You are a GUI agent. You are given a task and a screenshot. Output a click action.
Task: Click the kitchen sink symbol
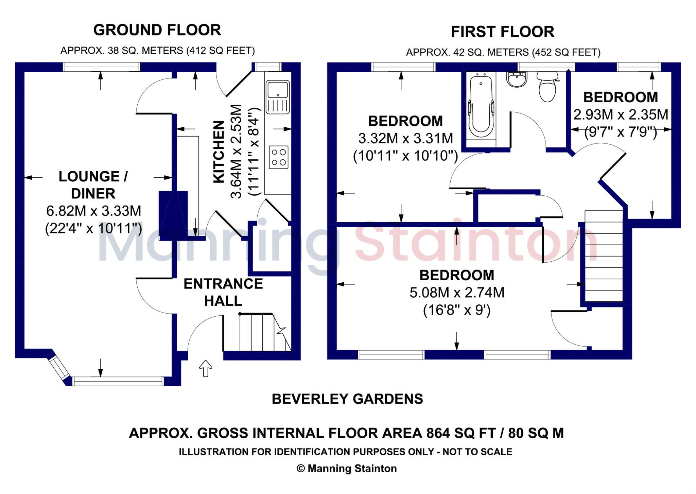point(278,97)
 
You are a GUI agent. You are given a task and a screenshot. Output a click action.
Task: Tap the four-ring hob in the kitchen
point(278,157)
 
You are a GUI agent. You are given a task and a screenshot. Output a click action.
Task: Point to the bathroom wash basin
point(517,80)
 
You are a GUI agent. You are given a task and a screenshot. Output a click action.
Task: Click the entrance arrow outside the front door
point(206,368)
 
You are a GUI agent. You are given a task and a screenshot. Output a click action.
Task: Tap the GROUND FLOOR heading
point(157,30)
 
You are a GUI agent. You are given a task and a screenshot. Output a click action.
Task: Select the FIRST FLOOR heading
point(502,32)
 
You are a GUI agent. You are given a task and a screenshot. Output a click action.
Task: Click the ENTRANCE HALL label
point(223,292)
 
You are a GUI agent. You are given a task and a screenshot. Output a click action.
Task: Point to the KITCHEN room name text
point(219,152)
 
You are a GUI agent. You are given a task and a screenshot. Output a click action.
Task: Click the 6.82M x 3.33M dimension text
point(93,211)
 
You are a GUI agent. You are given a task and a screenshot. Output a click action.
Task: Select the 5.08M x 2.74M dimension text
point(457,293)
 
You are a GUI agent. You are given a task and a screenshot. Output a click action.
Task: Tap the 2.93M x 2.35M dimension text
point(621,114)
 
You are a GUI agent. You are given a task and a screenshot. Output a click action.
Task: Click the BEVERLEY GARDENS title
point(347,399)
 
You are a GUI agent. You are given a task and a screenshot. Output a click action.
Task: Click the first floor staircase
point(604,257)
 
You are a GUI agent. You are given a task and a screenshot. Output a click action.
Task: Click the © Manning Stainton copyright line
point(347,469)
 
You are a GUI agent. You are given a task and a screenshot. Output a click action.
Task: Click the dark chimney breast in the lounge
point(173,215)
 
